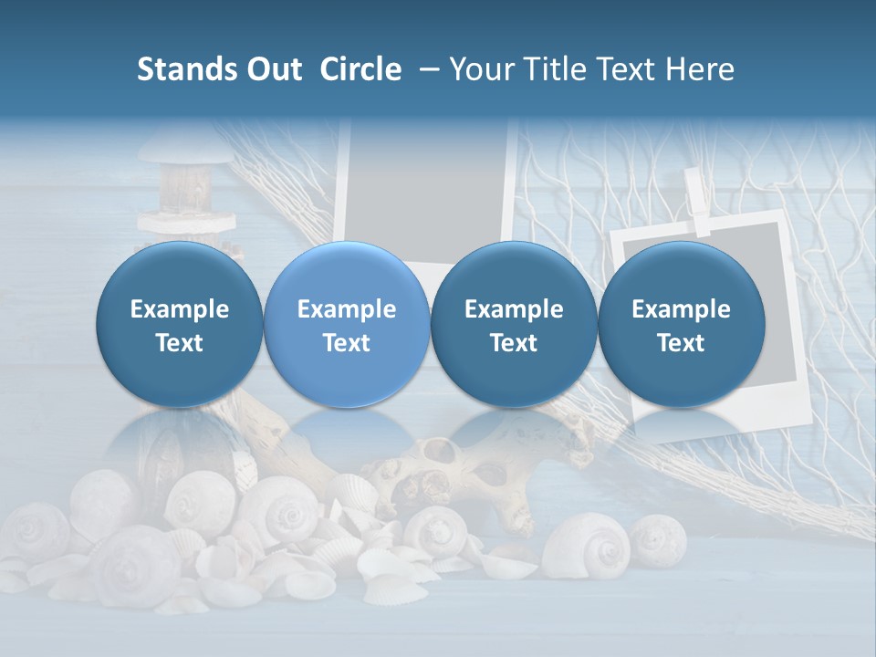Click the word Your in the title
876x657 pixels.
[480, 70]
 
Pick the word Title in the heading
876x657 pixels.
[547, 70]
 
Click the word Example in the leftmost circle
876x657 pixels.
[179, 309]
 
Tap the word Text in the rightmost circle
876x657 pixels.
[681, 343]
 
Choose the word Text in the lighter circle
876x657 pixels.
[346, 343]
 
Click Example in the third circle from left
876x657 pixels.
[514, 309]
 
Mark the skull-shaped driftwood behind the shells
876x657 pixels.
[456, 470]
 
